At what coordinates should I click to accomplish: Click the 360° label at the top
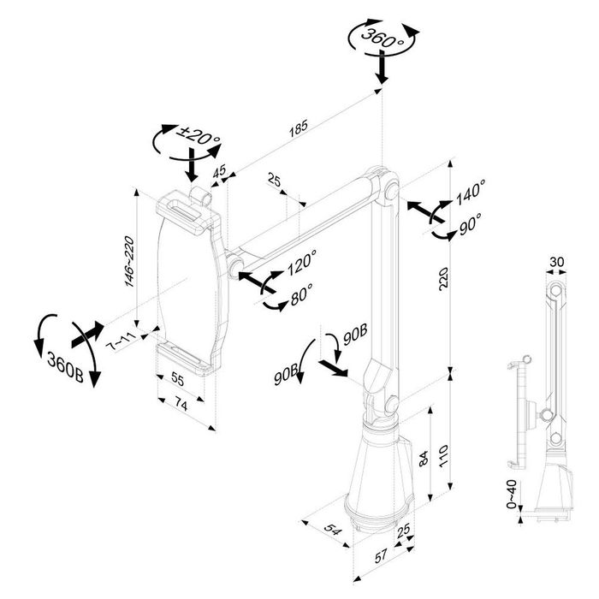tap(382, 39)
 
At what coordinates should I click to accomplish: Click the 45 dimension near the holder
tap(220, 172)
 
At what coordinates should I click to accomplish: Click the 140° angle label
tap(471, 194)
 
